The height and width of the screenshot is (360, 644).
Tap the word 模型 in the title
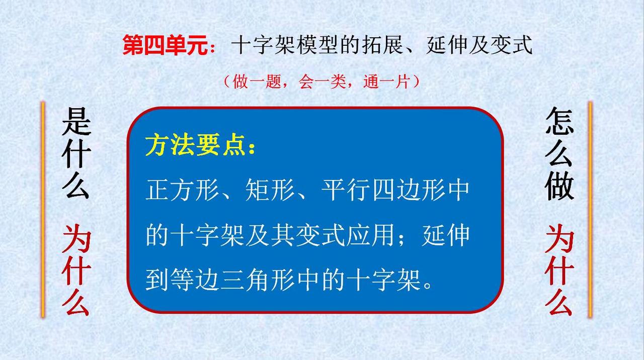pyautogui.click(x=317, y=45)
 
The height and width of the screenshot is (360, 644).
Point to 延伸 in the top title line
pyautogui.click(x=447, y=45)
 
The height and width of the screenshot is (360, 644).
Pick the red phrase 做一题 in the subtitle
pyautogui.click(x=257, y=81)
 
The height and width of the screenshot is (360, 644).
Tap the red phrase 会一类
pyautogui.click(x=321, y=81)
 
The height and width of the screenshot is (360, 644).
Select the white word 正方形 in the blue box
pyautogui.click(x=182, y=190)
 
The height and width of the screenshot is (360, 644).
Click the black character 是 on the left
pyautogui.click(x=76, y=121)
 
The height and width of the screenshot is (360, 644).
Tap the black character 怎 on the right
pyautogui.click(x=559, y=121)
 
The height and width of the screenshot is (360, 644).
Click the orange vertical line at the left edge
pyautogui.click(x=43, y=210)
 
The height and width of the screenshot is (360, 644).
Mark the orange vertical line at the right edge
pyautogui.click(x=590, y=210)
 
